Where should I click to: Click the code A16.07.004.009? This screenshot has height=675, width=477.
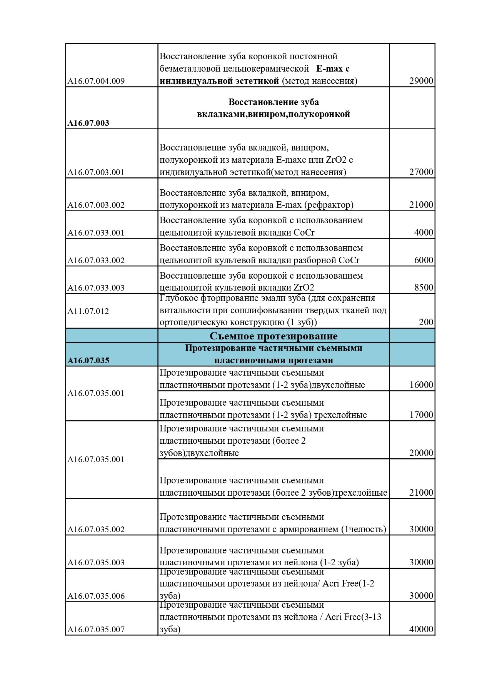pos(96,81)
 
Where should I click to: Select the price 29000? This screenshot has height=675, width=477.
pos(421,81)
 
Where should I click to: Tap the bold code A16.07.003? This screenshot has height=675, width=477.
pos(88,123)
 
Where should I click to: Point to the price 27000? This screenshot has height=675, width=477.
pos(421,172)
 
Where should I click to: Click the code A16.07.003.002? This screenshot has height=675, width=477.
pos(96,205)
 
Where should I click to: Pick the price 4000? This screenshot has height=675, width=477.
pos(424,232)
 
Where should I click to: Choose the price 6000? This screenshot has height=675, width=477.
pos(424,260)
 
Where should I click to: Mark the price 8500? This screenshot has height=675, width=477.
pos(424,287)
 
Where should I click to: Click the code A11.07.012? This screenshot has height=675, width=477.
pos(88,311)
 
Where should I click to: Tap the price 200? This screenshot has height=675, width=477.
pos(426,322)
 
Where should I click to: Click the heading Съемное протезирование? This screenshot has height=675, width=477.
pos(274,336)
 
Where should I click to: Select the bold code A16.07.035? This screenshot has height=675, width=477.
pos(88,361)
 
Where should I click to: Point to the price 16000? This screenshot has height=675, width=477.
pos(421,385)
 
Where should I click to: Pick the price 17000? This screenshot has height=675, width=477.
pos(421,415)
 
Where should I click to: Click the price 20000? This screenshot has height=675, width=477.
pos(421,453)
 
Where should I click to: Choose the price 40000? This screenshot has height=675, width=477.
pos(421,629)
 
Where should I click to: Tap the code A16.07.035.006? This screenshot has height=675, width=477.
pos(96,596)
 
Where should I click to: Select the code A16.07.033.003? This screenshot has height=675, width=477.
pos(96,288)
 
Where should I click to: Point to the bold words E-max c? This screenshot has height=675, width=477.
pos(333,69)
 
